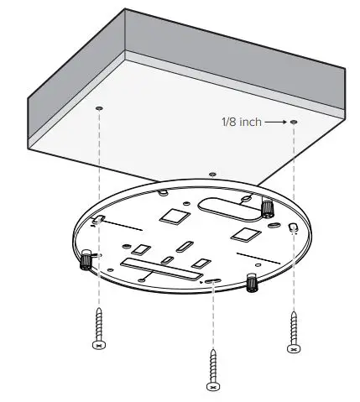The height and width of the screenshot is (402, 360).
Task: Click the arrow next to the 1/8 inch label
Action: (275, 122)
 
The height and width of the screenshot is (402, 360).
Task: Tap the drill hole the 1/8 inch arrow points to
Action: (295, 123)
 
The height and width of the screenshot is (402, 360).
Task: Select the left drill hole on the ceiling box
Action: (100, 109)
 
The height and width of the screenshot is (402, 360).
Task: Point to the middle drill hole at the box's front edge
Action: (212, 174)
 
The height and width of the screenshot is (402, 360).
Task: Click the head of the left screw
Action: (99, 345)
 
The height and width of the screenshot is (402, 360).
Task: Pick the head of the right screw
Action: (293, 348)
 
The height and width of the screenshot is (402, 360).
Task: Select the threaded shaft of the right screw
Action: (293, 327)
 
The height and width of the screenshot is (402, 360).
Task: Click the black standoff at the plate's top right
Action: (268, 208)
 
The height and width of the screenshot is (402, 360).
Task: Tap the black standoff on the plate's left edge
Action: (86, 264)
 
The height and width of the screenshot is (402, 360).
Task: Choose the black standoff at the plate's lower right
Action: (252, 283)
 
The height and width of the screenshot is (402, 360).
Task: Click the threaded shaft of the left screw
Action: (99, 324)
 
